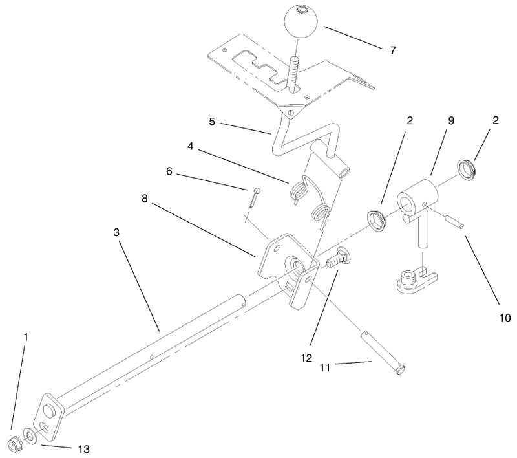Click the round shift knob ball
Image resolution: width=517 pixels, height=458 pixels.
pyautogui.click(x=301, y=21)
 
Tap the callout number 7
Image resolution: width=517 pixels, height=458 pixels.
pyautogui.click(x=392, y=50)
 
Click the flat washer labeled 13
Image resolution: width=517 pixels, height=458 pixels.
pyautogui.click(x=30, y=436)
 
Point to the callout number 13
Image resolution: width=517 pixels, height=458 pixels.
pyautogui.click(x=84, y=449)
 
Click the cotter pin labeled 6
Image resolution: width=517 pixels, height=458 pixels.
pyautogui.click(x=254, y=197)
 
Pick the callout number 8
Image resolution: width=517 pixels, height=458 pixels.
pyautogui.click(x=144, y=199)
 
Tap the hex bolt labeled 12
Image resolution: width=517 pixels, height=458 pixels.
pyautogui.click(x=338, y=257)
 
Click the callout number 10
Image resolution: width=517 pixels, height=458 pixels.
pyautogui.click(x=505, y=318)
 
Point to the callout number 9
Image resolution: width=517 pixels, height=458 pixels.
pyautogui.click(x=450, y=121)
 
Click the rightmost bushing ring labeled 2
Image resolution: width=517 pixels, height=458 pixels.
pyautogui.click(x=466, y=169)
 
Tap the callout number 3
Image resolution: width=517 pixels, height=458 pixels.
pyautogui.click(x=116, y=232)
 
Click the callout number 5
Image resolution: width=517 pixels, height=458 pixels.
pyautogui.click(x=212, y=122)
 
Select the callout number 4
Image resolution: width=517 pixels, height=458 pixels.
pyautogui.click(x=190, y=146)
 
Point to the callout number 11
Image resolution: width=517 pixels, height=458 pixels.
pyautogui.click(x=325, y=367)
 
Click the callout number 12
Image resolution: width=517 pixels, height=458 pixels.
pyautogui.click(x=306, y=358)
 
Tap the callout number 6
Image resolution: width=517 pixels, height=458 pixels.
pyautogui.click(x=169, y=171)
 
